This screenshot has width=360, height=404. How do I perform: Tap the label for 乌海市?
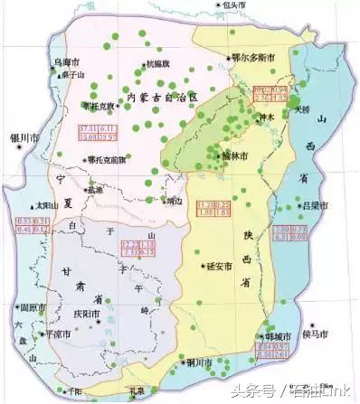[x=67, y=62]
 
